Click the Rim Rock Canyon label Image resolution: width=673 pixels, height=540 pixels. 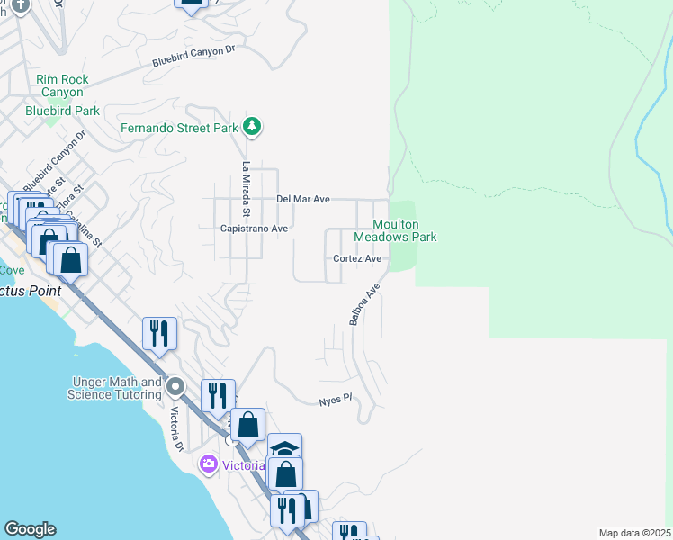tap(62, 85)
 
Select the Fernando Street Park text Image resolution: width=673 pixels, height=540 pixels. tap(180, 128)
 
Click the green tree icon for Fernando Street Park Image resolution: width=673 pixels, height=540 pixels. tap(253, 127)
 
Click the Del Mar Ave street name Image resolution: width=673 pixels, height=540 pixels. tap(303, 199)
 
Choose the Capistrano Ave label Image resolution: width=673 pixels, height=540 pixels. tap(254, 229)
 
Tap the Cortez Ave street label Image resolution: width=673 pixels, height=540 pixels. tap(357, 258)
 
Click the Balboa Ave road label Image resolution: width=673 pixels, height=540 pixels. tap(365, 305)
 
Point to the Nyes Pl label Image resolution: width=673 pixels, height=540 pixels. tap(334, 401)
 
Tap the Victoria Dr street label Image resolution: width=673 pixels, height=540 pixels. tap(177, 429)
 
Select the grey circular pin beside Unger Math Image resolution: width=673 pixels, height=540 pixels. tap(175, 387)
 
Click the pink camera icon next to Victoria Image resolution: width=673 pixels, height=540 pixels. tap(210, 464)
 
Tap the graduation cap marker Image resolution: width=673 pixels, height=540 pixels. tap(284, 447)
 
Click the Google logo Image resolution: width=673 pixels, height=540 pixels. tap(30, 529)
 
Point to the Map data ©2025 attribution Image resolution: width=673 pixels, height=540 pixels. tap(634, 533)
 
